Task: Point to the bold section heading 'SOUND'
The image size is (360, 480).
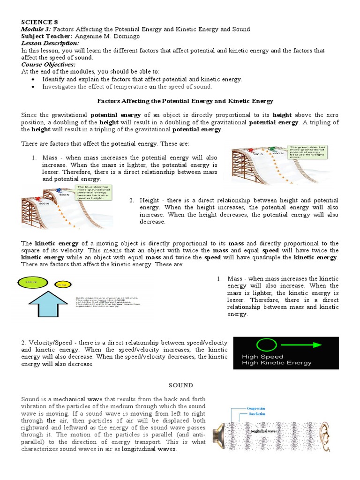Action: pos(180,385)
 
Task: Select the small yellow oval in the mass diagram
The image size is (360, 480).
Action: pos(61,285)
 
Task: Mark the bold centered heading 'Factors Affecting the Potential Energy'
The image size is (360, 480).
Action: pos(185,101)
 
